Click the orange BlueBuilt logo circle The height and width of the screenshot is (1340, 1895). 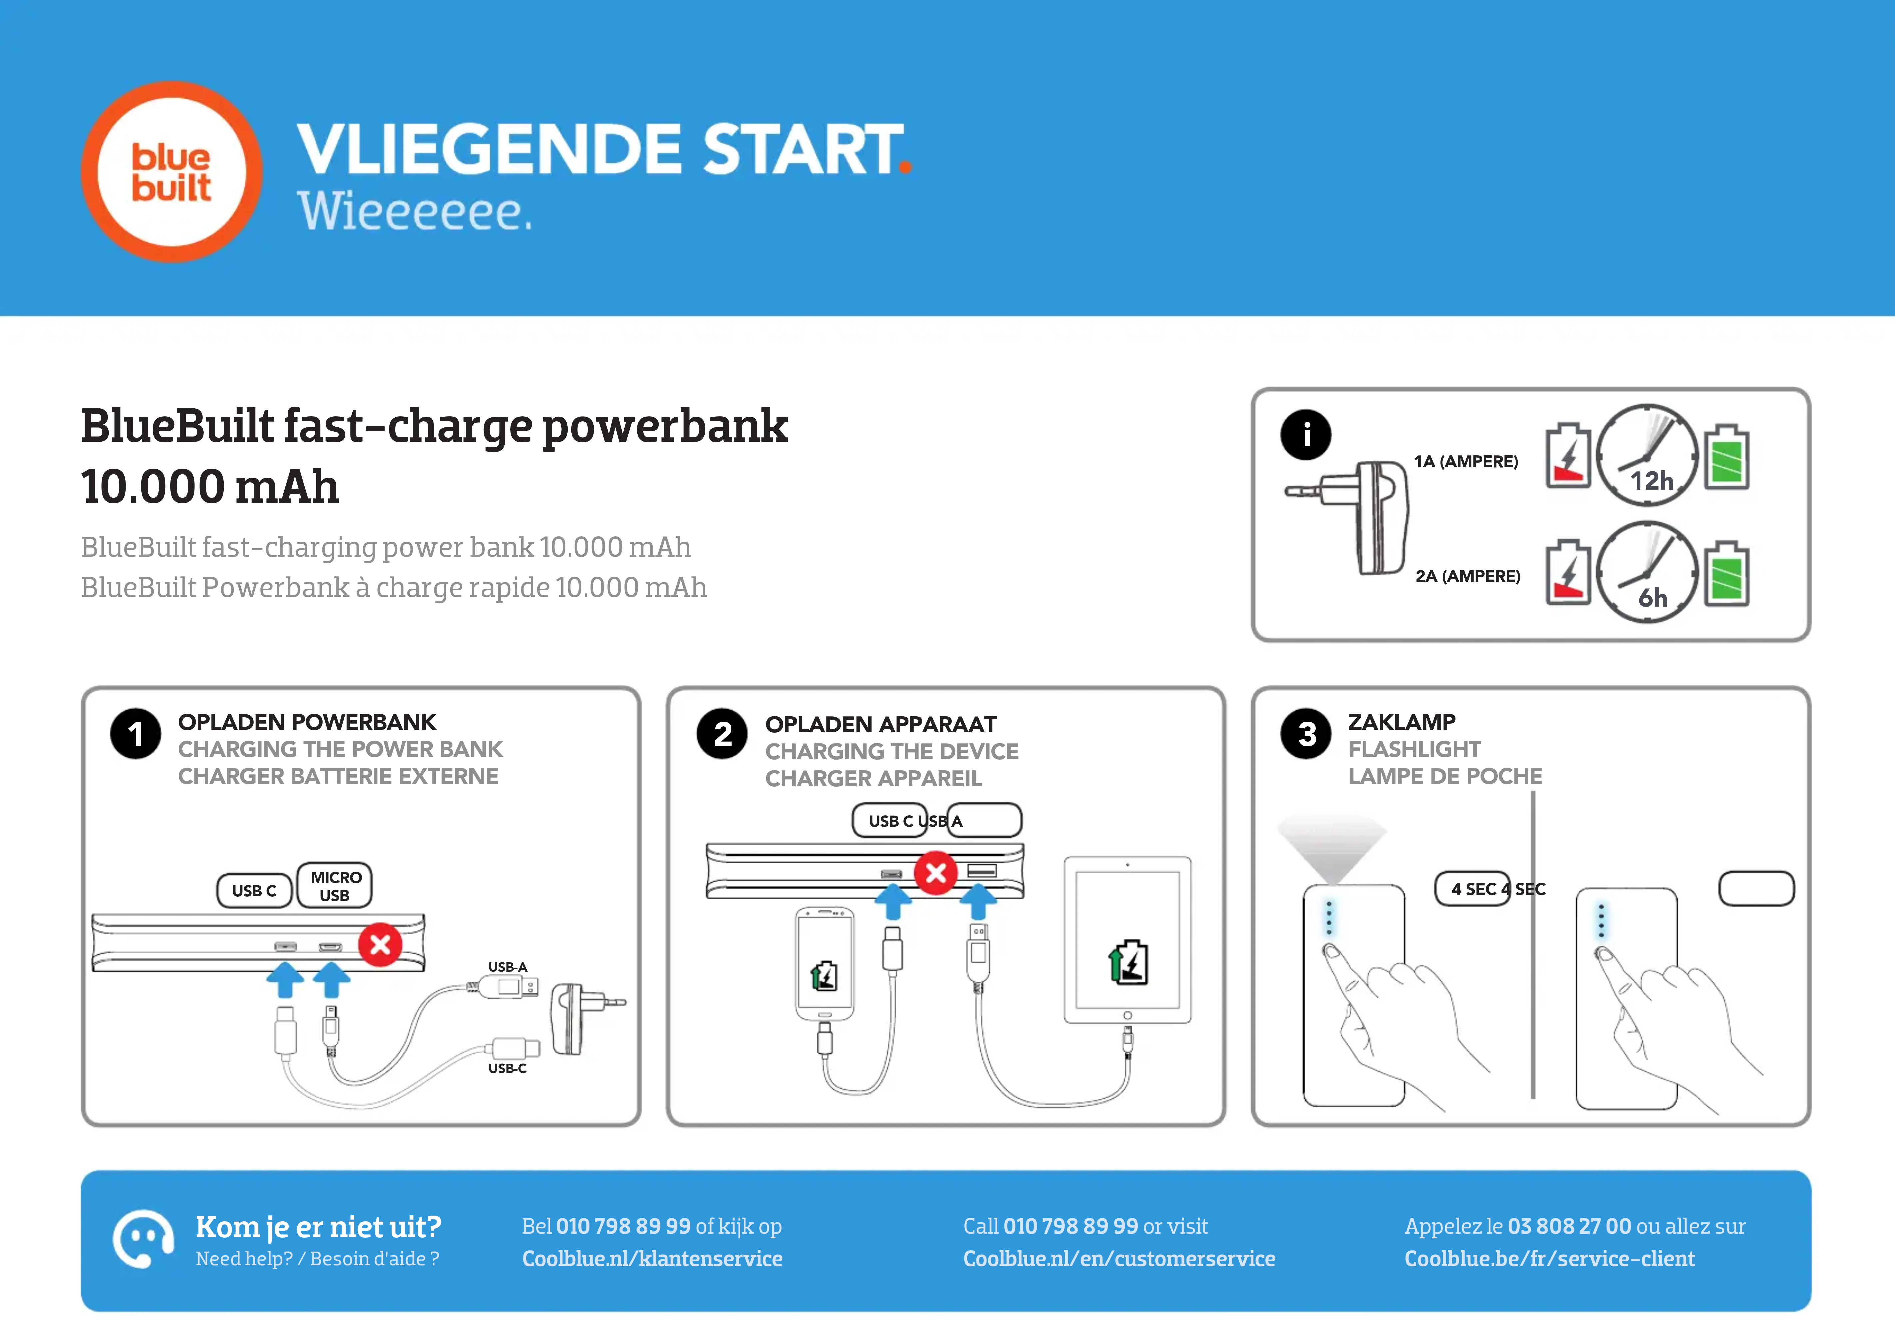pyautogui.click(x=172, y=172)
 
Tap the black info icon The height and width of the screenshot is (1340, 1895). pyautogui.click(x=1306, y=434)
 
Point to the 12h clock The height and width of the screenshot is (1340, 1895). pyautogui.click(x=1647, y=455)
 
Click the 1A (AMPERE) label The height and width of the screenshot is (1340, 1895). pyautogui.click(x=1466, y=462)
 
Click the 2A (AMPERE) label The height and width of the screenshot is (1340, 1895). pyautogui.click(x=1468, y=576)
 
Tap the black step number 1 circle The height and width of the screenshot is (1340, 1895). pyautogui.click(x=135, y=734)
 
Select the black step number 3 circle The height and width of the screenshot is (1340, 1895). pyautogui.click(x=1307, y=734)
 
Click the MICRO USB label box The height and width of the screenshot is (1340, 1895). pyautogui.click(x=334, y=886)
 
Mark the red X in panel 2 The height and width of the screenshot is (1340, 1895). pyautogui.click(x=936, y=873)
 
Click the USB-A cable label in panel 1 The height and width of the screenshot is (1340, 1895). pyautogui.click(x=508, y=967)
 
